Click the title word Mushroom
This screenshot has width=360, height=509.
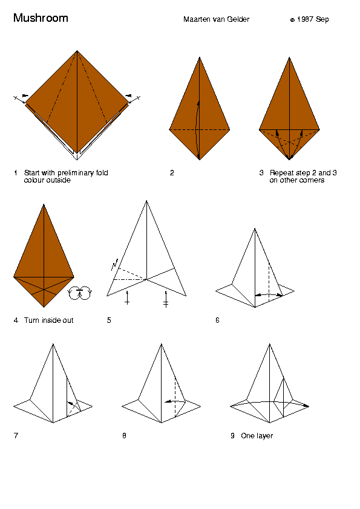[41, 18]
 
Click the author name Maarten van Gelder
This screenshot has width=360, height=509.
[216, 19]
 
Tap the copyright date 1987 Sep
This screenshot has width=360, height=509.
[313, 19]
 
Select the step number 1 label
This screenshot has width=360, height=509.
[15, 173]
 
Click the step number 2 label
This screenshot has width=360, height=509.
[172, 173]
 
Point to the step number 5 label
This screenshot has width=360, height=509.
[109, 320]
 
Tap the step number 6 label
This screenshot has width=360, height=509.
[217, 320]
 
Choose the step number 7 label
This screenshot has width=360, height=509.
[16, 436]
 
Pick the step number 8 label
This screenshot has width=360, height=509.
[124, 436]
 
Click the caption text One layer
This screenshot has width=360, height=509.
[257, 436]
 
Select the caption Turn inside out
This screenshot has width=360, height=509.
[49, 320]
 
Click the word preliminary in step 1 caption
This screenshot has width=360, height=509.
[76, 173]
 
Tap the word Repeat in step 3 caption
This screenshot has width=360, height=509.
[280, 173]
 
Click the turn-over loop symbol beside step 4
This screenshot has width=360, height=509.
[80, 293]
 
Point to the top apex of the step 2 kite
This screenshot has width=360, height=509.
[200, 57]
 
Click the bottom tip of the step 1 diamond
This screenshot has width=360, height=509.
[77, 160]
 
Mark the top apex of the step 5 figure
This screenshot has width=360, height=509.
[146, 201]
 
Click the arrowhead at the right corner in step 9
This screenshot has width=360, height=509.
[306, 406]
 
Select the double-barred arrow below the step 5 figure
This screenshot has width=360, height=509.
[166, 299]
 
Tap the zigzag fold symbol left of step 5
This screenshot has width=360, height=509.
[114, 265]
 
